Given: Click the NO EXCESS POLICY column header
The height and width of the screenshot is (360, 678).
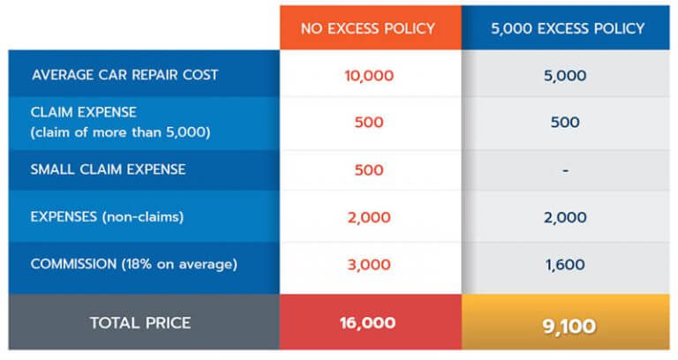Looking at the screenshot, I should coord(368,28).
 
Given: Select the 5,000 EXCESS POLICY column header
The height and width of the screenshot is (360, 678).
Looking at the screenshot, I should coord(568,28).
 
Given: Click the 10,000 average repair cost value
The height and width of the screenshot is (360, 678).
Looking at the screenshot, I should coord(368,75).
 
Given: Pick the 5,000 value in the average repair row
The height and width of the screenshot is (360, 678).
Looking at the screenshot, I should coord(565,75).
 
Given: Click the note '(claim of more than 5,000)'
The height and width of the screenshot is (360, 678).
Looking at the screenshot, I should coord(123,132).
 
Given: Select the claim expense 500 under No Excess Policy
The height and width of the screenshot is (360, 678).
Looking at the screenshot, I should coord(368,123).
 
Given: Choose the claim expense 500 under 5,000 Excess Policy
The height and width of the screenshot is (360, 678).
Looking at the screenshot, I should coord(565,123).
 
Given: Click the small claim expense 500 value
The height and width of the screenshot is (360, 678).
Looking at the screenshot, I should coord(368,169).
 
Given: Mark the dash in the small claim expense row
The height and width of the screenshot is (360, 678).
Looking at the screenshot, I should coord(565,169).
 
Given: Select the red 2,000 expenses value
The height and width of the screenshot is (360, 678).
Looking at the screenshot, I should coord(368,216).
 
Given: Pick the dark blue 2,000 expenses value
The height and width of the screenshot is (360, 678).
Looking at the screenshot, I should coord(565,216).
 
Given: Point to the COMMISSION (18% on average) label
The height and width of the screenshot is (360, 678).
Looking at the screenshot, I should coord(133,264).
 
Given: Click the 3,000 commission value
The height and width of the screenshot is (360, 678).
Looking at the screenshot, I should coord(368,264).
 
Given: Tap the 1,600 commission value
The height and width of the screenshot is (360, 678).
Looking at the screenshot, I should coord(565,264).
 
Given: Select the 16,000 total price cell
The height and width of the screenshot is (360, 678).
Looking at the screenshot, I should coord(368,323).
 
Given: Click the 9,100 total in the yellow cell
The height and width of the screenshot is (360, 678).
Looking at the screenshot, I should coord(565,325).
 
